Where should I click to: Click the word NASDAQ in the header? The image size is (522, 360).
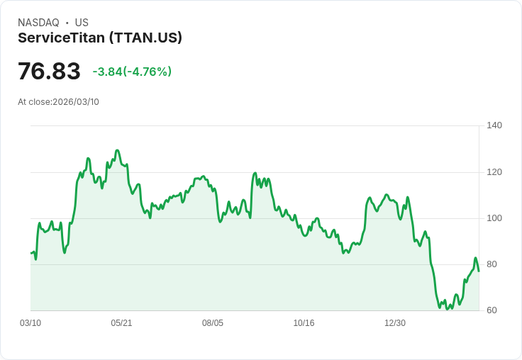(x=38, y=23)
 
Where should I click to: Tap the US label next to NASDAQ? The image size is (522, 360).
(x=82, y=23)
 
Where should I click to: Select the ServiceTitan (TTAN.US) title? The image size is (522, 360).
(x=100, y=38)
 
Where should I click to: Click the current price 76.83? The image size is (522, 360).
(x=49, y=71)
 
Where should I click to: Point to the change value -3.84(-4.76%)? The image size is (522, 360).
(x=132, y=72)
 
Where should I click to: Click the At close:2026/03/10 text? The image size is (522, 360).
(x=58, y=102)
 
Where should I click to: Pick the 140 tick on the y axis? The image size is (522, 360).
(x=494, y=125)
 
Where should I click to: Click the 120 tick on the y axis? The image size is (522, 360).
(x=494, y=172)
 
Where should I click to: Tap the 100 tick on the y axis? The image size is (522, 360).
(x=494, y=218)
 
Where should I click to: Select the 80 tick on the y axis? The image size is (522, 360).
(x=492, y=264)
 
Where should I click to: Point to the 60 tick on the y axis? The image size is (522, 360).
(x=492, y=310)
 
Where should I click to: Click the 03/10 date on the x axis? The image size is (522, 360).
(x=30, y=323)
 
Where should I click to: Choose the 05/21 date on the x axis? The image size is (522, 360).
(x=121, y=323)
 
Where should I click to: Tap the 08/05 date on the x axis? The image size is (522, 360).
(x=213, y=323)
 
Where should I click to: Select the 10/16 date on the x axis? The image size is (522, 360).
(x=304, y=323)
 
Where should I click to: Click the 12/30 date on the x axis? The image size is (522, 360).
(x=395, y=323)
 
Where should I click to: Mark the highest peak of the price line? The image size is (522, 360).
(x=117, y=150)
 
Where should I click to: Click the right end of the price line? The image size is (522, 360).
(x=479, y=271)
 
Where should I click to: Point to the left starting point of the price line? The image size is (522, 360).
(x=31, y=253)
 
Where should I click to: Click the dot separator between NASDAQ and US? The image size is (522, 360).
(x=67, y=23)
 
